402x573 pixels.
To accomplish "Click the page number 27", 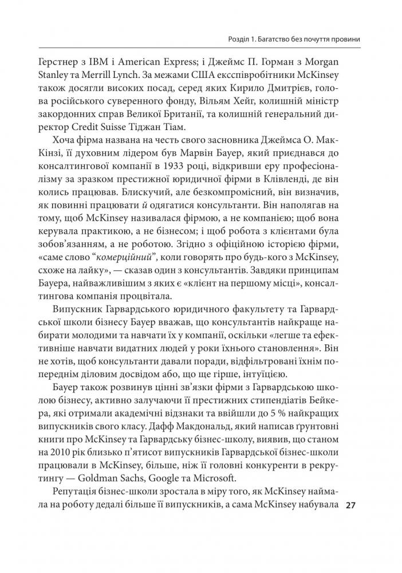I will pos(352,506).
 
